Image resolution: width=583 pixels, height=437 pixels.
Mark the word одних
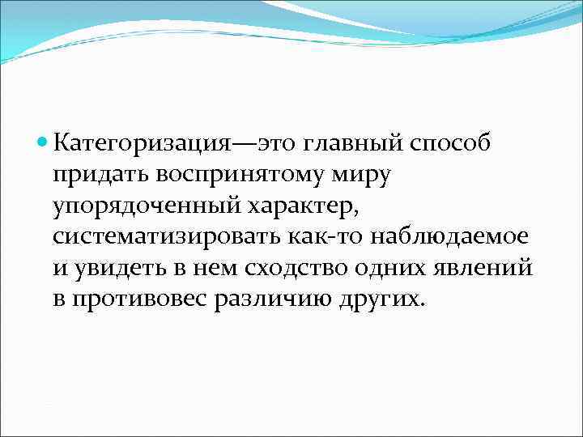[x=404, y=269]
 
